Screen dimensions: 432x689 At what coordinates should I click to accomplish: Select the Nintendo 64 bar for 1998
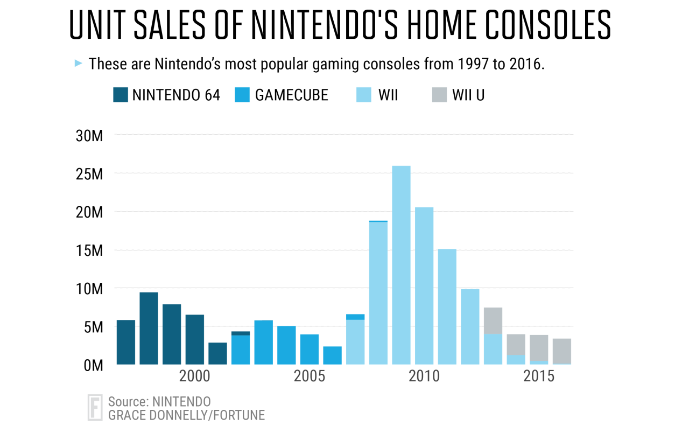point(149,328)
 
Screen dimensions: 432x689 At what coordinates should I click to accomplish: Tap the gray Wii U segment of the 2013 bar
point(493,320)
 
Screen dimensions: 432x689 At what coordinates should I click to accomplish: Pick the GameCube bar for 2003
point(263,342)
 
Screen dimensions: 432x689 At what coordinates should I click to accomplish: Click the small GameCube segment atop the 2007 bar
point(355,317)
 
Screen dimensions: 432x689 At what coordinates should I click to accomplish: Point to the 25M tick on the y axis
point(89,173)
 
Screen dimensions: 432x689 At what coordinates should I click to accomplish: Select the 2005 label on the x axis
point(310,377)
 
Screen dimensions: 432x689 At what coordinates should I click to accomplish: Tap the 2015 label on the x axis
point(539,377)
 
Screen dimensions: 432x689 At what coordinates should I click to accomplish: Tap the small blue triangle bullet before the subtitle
point(78,64)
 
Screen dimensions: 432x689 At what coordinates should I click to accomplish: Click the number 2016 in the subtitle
point(525,64)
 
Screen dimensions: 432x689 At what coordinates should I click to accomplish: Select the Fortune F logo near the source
point(95,407)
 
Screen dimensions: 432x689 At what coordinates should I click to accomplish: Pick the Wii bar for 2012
point(470,326)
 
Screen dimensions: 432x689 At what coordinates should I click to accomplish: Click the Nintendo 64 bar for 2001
point(217,353)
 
